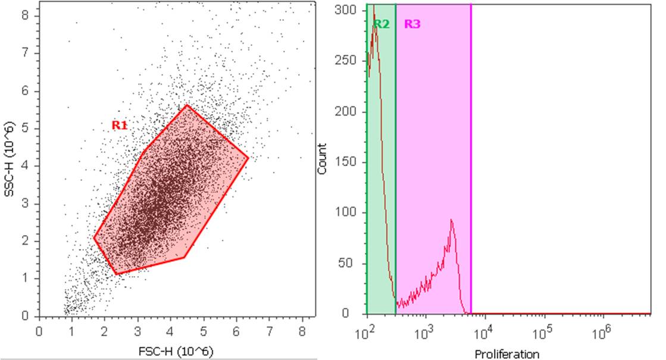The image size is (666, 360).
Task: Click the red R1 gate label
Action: [x=120, y=126]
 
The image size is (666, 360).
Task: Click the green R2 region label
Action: [x=382, y=24]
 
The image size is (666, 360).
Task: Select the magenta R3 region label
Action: [x=412, y=24]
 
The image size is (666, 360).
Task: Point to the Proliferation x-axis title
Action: [x=507, y=355]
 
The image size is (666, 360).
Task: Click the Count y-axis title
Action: [x=323, y=159]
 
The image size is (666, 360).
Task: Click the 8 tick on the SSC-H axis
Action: [x=26, y=15]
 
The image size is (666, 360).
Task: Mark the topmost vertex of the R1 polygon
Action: [x=187, y=105]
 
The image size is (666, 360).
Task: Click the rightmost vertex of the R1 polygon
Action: [x=248, y=158]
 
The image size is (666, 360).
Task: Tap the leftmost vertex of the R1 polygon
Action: [x=94, y=238]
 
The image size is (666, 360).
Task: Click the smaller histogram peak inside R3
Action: [x=452, y=220]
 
